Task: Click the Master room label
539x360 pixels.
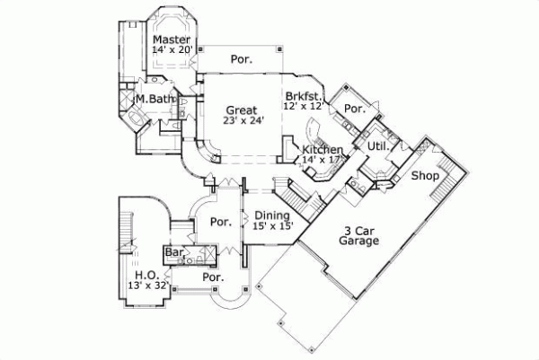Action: pos(170,40)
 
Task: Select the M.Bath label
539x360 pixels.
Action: pos(154,99)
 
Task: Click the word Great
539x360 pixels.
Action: pos(243,110)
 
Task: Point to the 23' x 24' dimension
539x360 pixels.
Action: pos(243,122)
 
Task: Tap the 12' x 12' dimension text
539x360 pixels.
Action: pos(302,106)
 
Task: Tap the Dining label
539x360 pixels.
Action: pos(271,215)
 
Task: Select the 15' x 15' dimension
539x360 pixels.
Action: pos(271,226)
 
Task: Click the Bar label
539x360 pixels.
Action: pos(173,254)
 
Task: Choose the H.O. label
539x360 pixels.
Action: pos(145,275)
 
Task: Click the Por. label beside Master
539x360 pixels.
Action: pos(241,59)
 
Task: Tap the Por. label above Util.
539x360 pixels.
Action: pos(355,110)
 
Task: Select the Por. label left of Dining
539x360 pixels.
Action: pos(218,222)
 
